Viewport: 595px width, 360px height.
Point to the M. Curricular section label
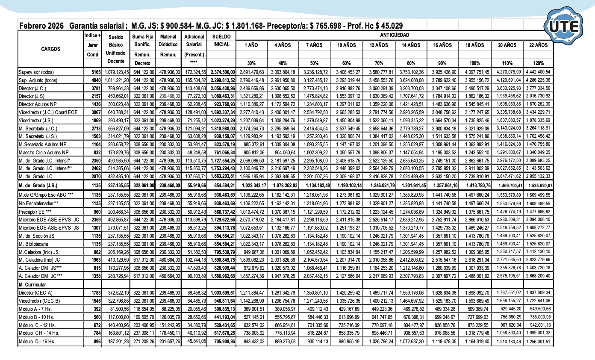(x=33, y=283)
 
